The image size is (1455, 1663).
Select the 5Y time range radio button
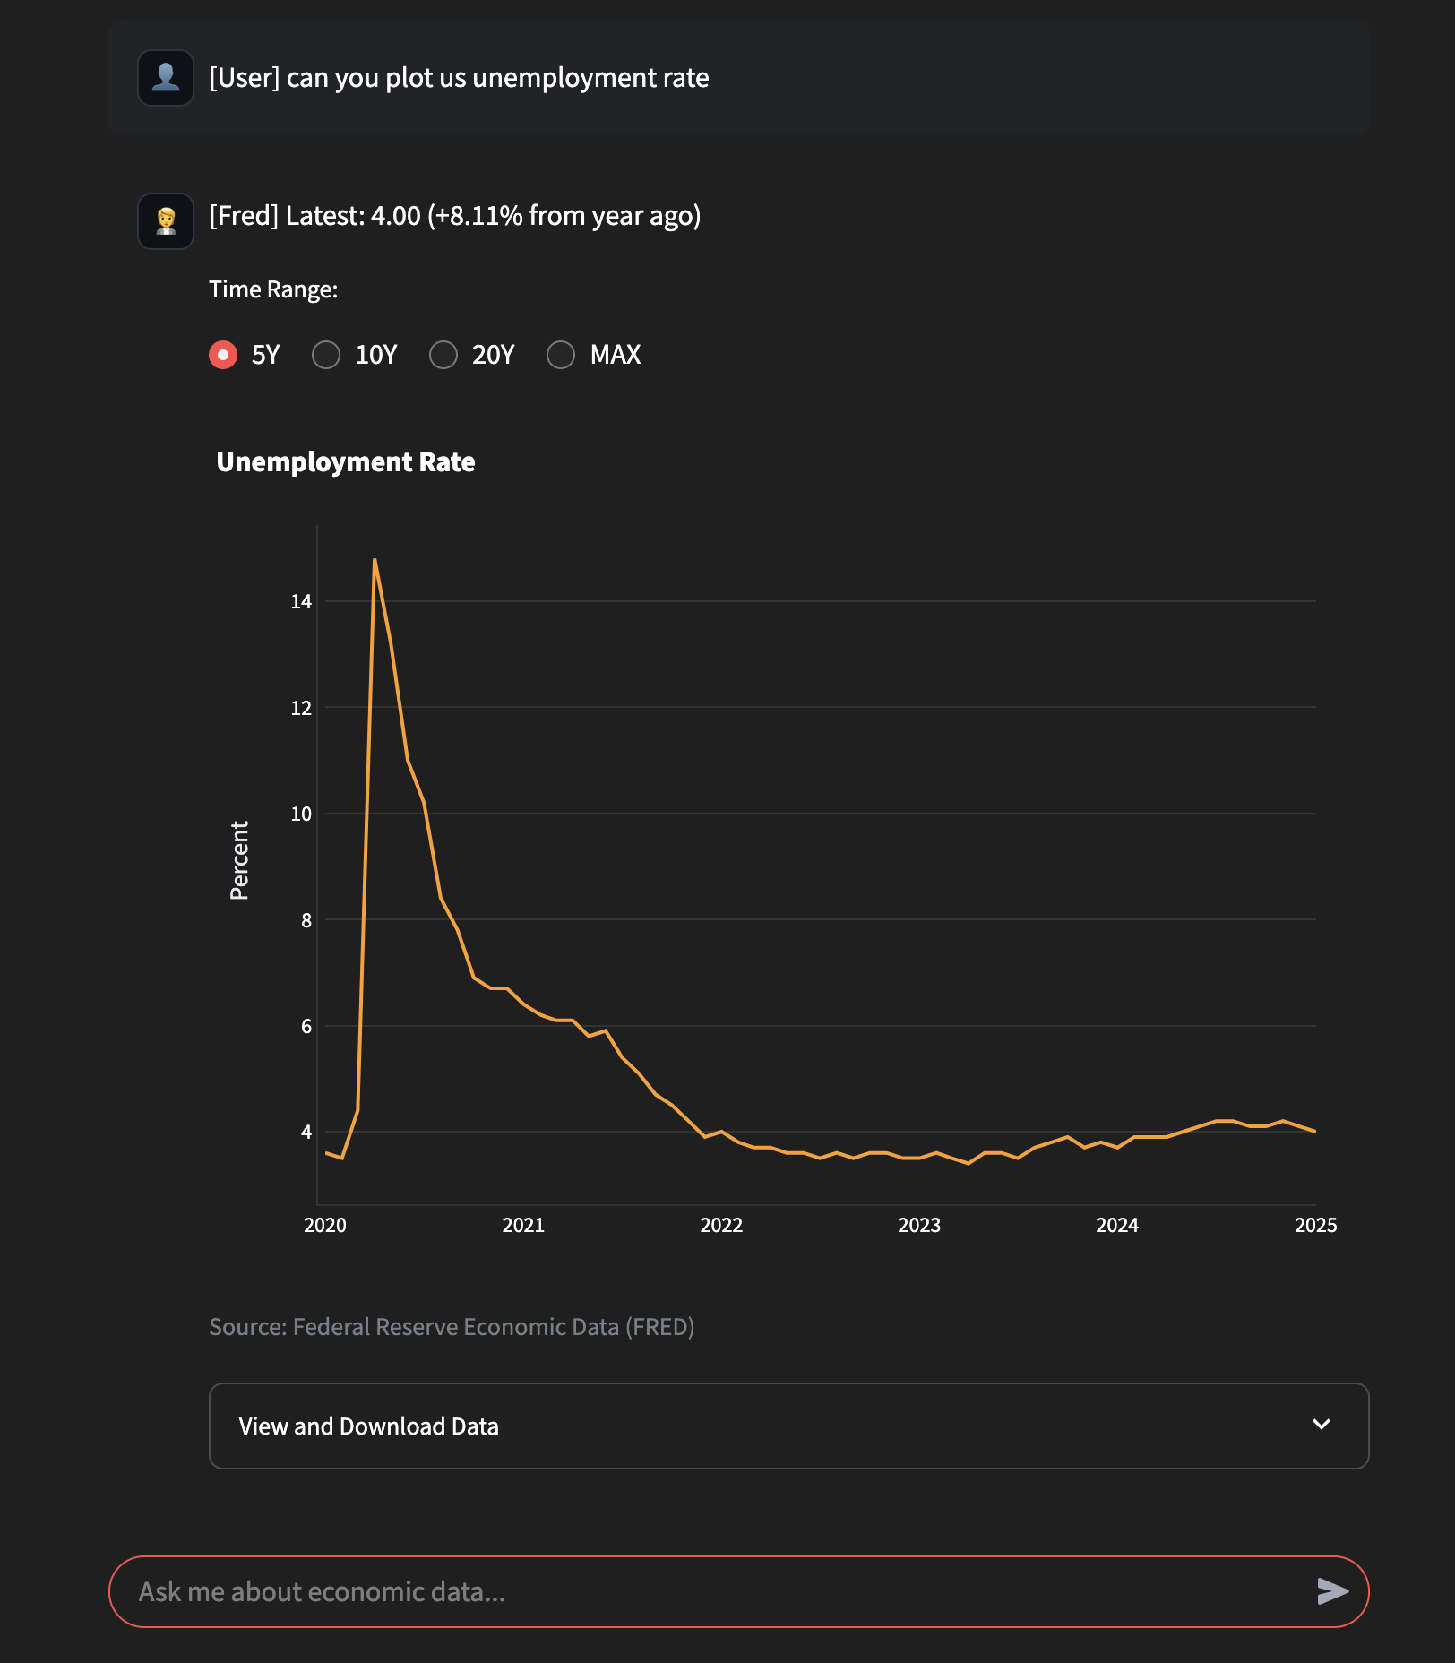[223, 355]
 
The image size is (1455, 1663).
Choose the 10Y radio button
[326, 355]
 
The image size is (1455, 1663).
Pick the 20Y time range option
[443, 355]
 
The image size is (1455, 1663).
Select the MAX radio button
[561, 355]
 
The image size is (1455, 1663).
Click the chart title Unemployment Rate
[346, 462]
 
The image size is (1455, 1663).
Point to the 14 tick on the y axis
[301, 602]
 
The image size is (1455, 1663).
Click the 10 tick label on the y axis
[301, 814]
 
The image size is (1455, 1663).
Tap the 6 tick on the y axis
[306, 1027]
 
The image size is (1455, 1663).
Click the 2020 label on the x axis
[325, 1226]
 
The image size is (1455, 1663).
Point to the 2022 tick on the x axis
[721, 1226]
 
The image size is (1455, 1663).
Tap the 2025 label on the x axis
[1315, 1226]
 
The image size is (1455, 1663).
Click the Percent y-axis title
[239, 860]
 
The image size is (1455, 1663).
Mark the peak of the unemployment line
[375, 560]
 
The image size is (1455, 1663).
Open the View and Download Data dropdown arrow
[1322, 1425]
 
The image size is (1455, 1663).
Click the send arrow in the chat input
[1332, 1591]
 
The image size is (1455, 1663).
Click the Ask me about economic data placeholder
[322, 1592]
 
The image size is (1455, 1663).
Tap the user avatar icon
[166, 78]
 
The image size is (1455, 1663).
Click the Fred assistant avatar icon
[166, 221]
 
